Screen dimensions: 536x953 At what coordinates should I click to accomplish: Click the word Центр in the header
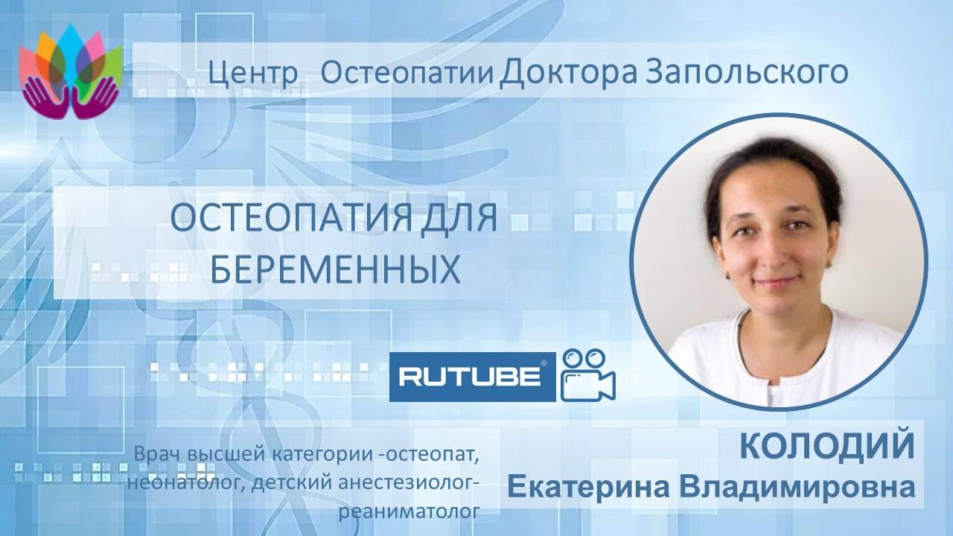tap(253, 73)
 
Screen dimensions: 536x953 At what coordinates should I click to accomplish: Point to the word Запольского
tap(744, 73)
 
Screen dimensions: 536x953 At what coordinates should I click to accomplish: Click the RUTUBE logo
tap(472, 377)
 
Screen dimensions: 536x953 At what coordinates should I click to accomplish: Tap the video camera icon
tap(588, 375)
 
